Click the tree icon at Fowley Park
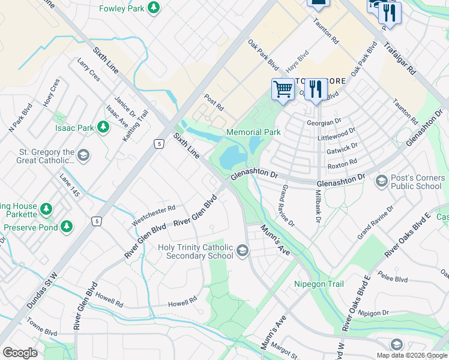tap(154, 8)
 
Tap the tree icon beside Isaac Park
tap(103, 127)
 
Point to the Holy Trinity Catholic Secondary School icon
tap(243, 251)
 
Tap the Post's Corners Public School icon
tap(381, 181)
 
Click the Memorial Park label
tap(253, 132)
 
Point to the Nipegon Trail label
tap(319, 284)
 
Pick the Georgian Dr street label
tap(336, 122)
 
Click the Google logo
tap(20, 352)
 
